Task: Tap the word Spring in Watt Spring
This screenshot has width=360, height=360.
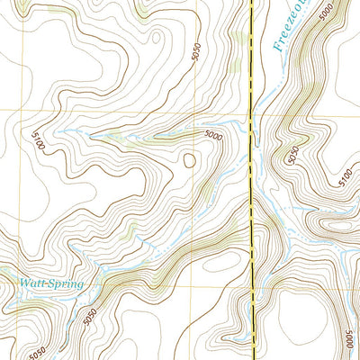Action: click(65, 284)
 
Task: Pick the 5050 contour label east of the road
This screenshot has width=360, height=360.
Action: click(290, 154)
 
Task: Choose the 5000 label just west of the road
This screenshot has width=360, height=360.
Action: click(212, 136)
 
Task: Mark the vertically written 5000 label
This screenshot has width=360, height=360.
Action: click(349, 339)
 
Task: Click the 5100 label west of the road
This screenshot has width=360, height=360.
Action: click(37, 141)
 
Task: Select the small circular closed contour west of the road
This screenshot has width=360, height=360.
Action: click(189, 161)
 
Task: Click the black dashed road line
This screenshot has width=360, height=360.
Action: click(249, 180)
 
